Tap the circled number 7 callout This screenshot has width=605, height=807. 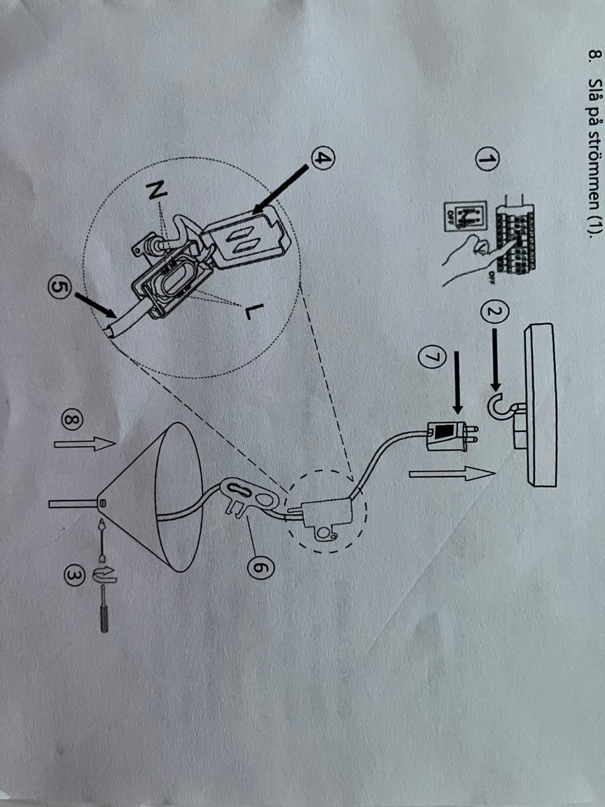[432, 357]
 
